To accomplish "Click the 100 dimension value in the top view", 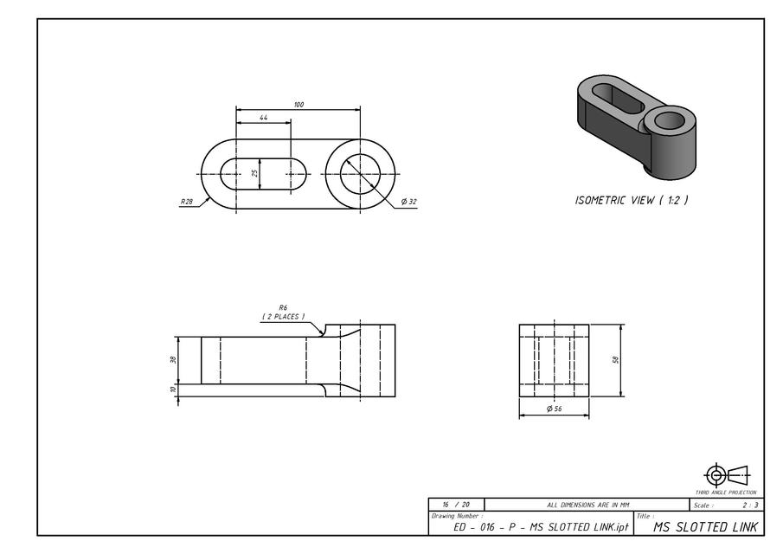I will tap(298, 105).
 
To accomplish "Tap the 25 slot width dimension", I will tap(255, 173).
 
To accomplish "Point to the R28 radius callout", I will tap(187, 202).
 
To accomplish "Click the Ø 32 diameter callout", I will tap(408, 202).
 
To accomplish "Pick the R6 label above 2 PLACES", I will tap(283, 307).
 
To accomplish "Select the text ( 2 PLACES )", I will tap(283, 317).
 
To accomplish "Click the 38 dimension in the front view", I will tap(174, 360).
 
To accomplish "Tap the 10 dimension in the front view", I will tap(174, 390).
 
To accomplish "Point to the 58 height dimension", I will tap(616, 360).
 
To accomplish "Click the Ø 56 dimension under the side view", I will tap(554, 409).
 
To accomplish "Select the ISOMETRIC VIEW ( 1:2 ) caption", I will tap(632, 200).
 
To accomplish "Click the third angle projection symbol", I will tap(725, 475).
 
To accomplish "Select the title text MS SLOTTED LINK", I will tap(705, 526).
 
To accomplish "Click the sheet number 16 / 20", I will tap(456, 505).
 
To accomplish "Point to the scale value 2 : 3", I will tap(749, 505).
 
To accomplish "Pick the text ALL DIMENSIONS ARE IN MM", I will tap(587, 505).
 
